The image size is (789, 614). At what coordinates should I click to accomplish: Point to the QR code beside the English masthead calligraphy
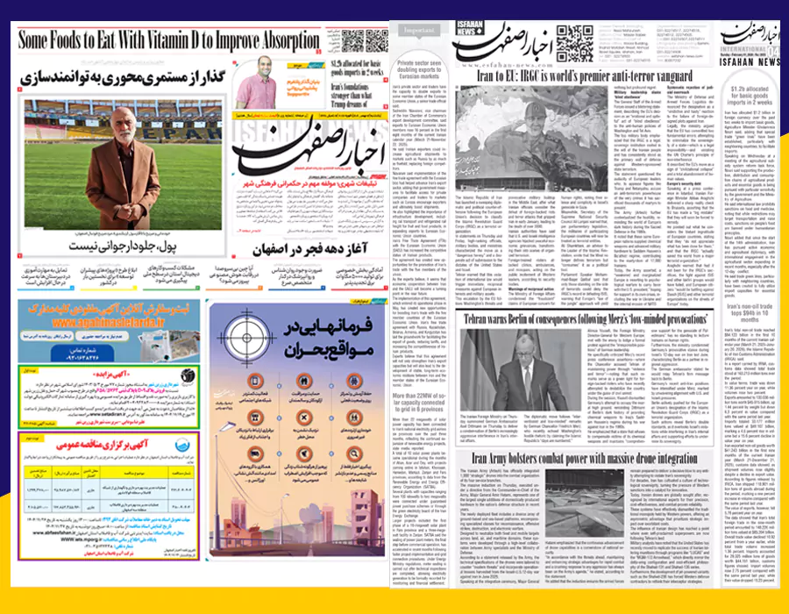tap(575, 43)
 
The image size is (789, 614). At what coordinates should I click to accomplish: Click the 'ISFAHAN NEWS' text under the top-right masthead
tap(750, 61)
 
